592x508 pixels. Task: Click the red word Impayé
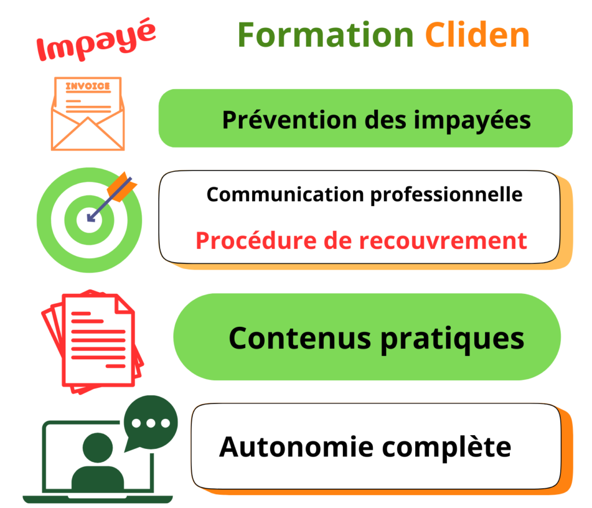tap(97, 40)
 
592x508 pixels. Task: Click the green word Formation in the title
tap(326, 35)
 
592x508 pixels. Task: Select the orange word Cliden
tap(478, 35)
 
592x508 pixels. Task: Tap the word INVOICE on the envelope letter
tap(88, 86)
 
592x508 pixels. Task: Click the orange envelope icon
tap(88, 114)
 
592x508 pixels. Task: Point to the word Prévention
tap(290, 120)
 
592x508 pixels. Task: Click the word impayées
tap(472, 121)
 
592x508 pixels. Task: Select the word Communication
tap(286, 194)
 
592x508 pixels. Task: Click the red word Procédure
tap(256, 241)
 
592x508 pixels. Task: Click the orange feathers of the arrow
tap(122, 187)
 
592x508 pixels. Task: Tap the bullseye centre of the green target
tap(90, 220)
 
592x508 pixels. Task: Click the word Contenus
tap(300, 338)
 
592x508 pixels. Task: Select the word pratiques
tap(452, 340)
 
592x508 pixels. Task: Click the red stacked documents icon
tap(92, 342)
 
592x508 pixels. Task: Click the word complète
tap(447, 448)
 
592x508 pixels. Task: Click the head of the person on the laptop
tap(98, 448)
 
